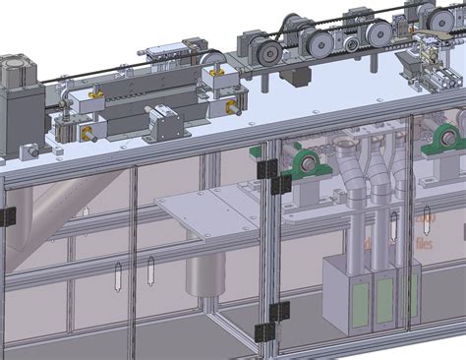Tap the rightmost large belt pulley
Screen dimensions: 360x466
(425, 15)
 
